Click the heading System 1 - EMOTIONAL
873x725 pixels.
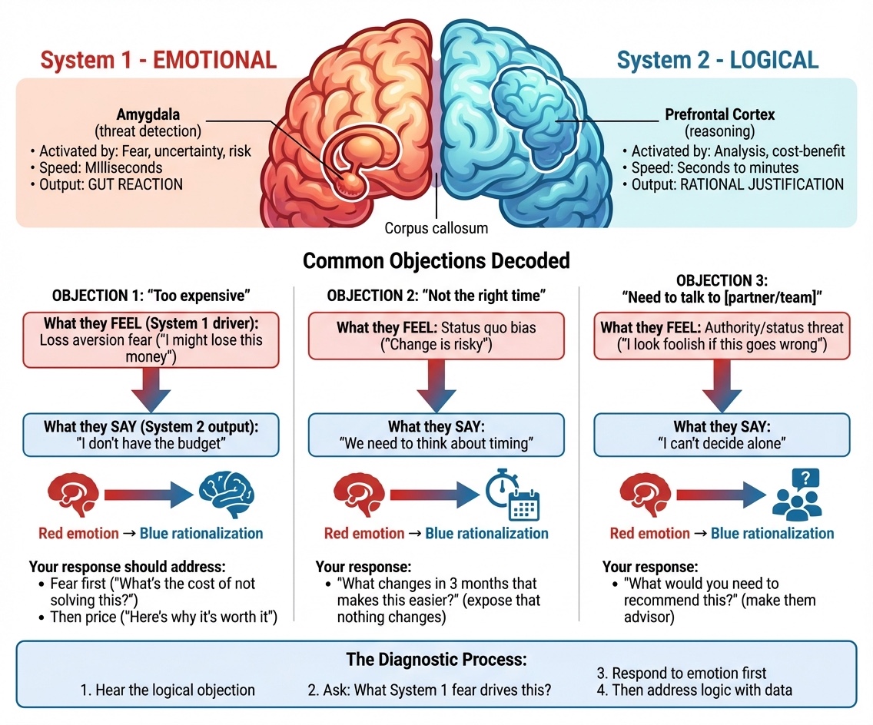pos(158,60)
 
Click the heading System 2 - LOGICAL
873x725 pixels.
pos(718,60)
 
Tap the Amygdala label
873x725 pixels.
pos(148,114)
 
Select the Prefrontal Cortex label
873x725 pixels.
pos(719,114)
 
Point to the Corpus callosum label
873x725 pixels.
pos(436,228)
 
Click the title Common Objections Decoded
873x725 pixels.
pos(436,260)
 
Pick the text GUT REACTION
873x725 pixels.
pos(135,185)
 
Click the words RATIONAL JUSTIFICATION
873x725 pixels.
pos(762,185)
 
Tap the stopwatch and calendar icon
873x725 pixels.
pos(513,494)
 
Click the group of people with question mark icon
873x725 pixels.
pos(797,494)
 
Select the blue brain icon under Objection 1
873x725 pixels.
pos(227,495)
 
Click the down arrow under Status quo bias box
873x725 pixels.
pos(436,385)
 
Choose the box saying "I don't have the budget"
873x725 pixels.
pos(151,435)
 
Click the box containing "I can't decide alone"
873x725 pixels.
pos(722,435)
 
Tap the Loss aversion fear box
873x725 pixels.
pos(151,340)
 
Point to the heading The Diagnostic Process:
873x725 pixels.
pos(436,660)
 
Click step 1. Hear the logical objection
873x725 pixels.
pos(168,690)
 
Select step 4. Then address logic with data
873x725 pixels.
pos(694,690)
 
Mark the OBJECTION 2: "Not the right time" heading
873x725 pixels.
pos(436,296)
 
